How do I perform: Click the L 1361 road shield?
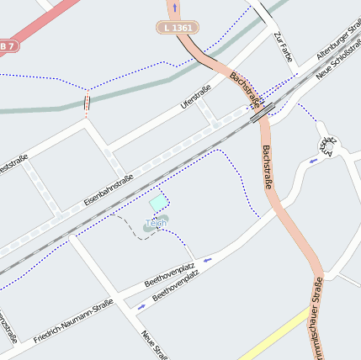(x=178, y=28)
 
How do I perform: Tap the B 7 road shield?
(x=8, y=45)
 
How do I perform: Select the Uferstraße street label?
(x=195, y=103)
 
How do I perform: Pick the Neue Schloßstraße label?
(x=337, y=60)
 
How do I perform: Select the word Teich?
(x=155, y=223)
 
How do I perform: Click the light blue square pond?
(x=158, y=203)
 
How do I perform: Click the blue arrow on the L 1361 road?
(x=175, y=8)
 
